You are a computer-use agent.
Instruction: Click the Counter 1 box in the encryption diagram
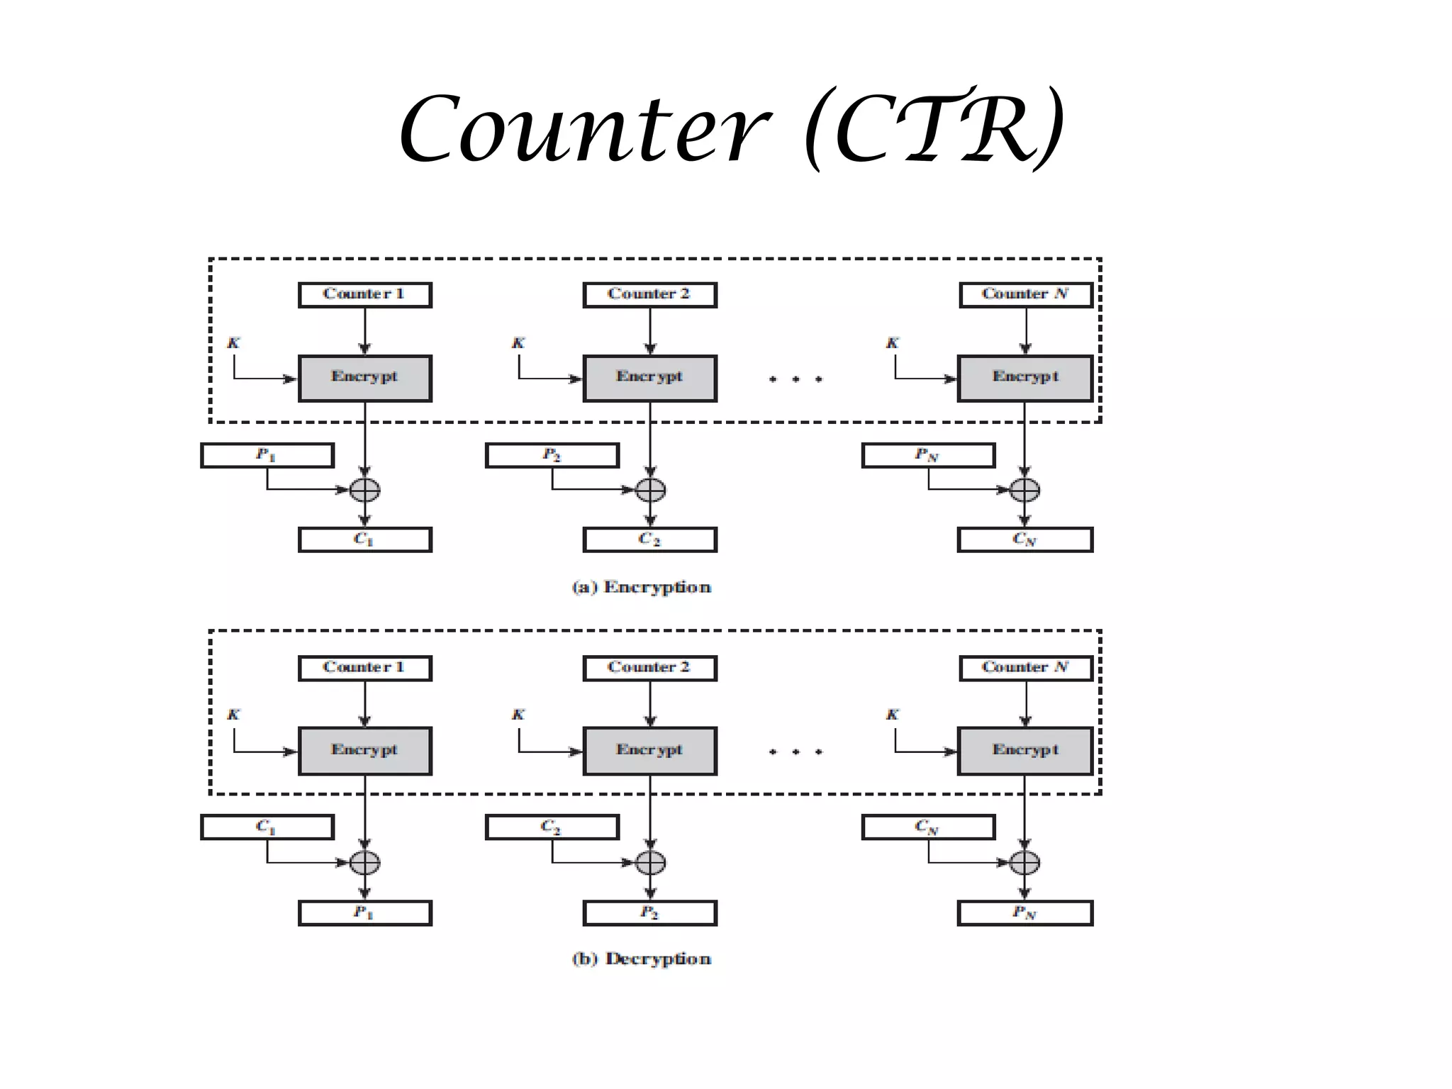[364, 295]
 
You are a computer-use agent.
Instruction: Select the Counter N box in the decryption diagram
[1025, 668]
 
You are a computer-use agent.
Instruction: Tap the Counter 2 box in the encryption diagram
[649, 295]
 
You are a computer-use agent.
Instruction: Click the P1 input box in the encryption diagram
[267, 455]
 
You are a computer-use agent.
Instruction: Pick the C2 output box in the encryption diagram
[649, 540]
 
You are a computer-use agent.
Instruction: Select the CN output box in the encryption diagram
[1024, 540]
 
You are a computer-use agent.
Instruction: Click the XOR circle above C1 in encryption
[364, 490]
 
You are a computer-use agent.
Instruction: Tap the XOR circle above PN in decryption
[1024, 863]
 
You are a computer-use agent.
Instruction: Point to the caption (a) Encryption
[641, 587]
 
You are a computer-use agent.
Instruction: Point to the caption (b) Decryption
[641, 959]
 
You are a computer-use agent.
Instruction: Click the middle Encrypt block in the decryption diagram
[649, 751]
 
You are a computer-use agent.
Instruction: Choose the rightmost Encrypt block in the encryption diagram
[1024, 379]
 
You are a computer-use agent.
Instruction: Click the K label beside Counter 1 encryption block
[233, 343]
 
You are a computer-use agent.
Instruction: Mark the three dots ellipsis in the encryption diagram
[795, 379]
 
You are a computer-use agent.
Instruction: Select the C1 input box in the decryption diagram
[267, 827]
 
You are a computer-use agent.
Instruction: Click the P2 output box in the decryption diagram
[649, 913]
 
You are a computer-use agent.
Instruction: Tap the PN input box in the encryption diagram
[928, 455]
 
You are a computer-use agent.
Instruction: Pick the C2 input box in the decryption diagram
[552, 827]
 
